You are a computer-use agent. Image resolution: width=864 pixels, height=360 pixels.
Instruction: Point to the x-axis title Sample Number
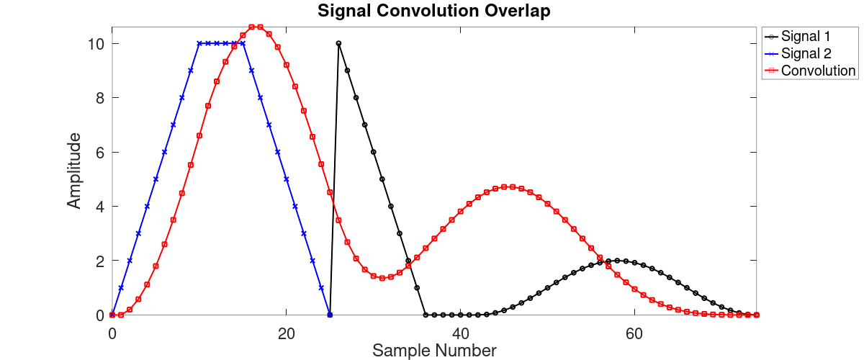tap(433, 351)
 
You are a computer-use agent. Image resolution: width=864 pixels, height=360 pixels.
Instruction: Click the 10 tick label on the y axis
tap(95, 43)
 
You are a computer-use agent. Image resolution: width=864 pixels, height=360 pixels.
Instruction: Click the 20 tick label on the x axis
tap(286, 334)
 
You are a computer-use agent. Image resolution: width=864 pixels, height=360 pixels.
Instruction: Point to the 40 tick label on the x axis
tap(460, 334)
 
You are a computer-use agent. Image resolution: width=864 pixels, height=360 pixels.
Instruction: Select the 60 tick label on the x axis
tap(634, 334)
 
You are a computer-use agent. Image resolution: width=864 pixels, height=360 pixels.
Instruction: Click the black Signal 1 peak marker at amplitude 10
tap(338, 43)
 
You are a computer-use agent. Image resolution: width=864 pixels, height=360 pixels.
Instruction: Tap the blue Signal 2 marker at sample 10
tap(199, 43)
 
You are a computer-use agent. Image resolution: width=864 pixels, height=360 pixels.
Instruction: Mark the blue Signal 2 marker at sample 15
tap(243, 43)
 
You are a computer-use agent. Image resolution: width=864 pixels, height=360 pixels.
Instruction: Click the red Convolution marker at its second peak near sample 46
tap(513, 186)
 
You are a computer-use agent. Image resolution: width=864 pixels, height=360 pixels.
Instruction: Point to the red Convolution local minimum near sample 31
tap(382, 278)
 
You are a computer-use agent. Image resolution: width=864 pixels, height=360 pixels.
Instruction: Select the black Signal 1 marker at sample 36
tap(426, 315)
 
